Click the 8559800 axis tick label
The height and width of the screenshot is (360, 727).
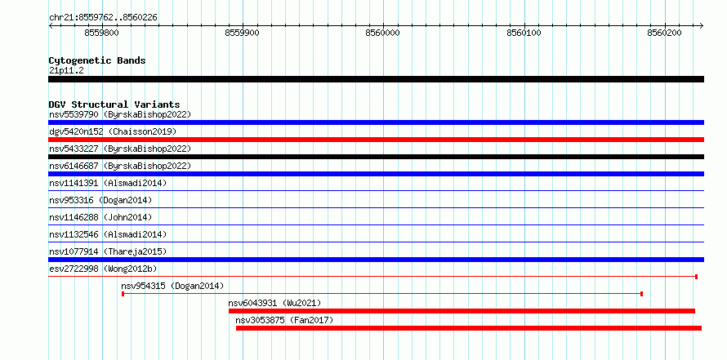[x=101, y=33]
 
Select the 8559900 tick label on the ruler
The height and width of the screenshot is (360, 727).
[x=242, y=33]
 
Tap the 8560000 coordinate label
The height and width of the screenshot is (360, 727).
[x=382, y=33]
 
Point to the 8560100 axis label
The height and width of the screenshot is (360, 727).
[x=524, y=33]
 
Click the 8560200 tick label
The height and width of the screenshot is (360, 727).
[x=664, y=33]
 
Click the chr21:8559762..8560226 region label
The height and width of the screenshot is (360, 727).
[x=103, y=18]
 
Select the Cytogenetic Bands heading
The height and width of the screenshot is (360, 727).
[x=97, y=60]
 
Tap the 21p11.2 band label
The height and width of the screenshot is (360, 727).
[x=66, y=71]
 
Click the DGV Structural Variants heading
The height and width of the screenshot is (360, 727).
[x=114, y=104]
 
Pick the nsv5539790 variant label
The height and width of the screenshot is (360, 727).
[x=74, y=114]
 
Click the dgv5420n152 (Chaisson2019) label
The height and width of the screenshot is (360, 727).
[x=113, y=131]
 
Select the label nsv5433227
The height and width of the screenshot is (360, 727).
[x=74, y=149]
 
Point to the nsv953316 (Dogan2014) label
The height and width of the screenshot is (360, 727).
[x=100, y=200]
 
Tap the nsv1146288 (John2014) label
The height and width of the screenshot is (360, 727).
[x=100, y=217]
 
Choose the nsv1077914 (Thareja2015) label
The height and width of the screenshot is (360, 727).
[x=108, y=251]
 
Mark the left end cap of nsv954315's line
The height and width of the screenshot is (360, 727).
[x=123, y=294]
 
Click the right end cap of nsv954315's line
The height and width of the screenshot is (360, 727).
[x=642, y=294]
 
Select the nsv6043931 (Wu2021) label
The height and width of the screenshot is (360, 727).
[x=274, y=303]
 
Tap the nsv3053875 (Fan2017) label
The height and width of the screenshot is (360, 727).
[x=284, y=320]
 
